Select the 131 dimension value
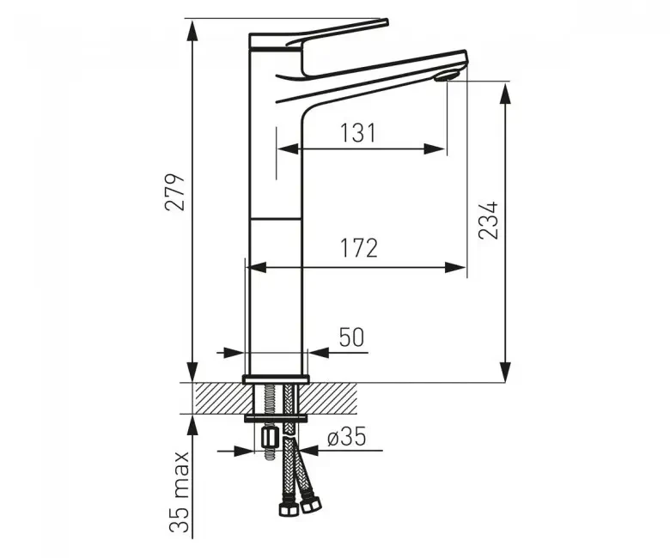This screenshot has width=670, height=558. pos(358,133)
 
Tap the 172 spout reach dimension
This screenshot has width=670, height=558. pos(358,249)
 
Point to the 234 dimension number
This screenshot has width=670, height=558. pos(488,221)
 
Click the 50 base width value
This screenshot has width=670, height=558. pos(350,337)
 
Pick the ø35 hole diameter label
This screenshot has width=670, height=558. pos(345,437)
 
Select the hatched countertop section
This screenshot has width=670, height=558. pos(215,397)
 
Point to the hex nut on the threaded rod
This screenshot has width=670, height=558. pos(268,440)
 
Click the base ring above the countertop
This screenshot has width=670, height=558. pos(275,379)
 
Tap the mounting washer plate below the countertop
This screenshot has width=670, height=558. pos(275,418)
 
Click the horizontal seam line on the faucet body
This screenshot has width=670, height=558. pos(275,219)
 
